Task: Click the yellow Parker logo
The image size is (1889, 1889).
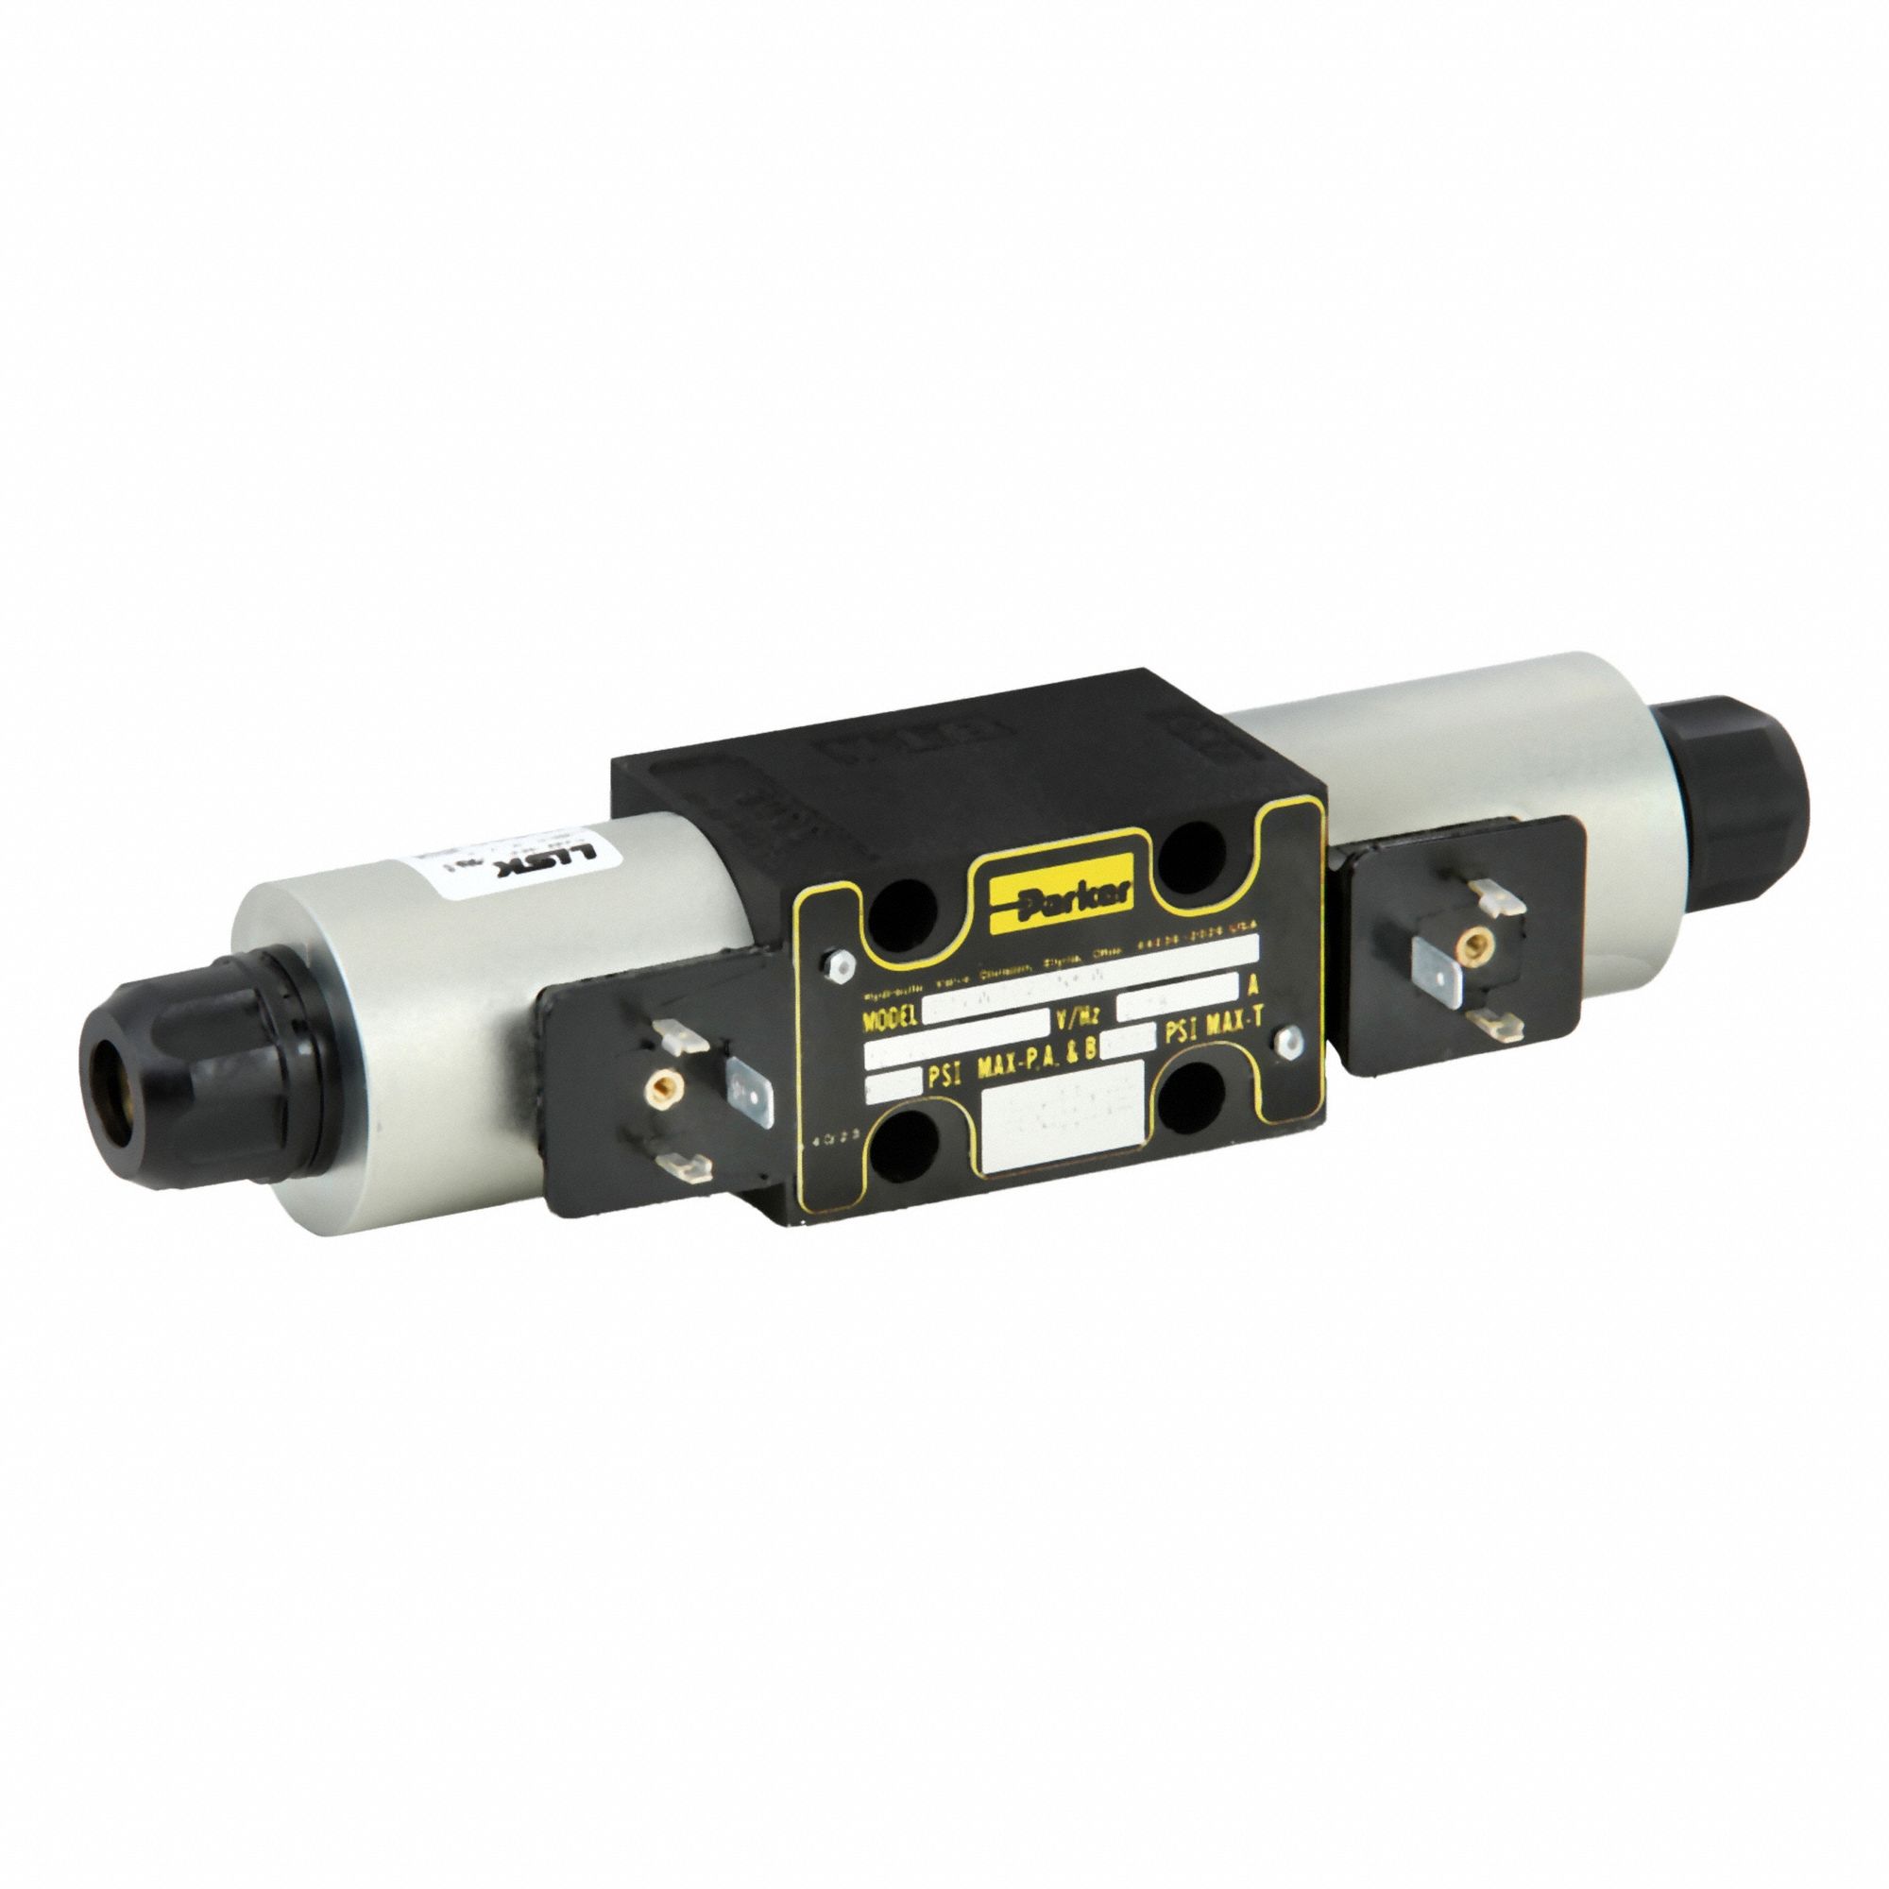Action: tap(1059, 893)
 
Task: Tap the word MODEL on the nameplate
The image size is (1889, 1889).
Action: tap(890, 1019)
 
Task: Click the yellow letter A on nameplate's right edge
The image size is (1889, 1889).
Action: tap(1252, 985)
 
